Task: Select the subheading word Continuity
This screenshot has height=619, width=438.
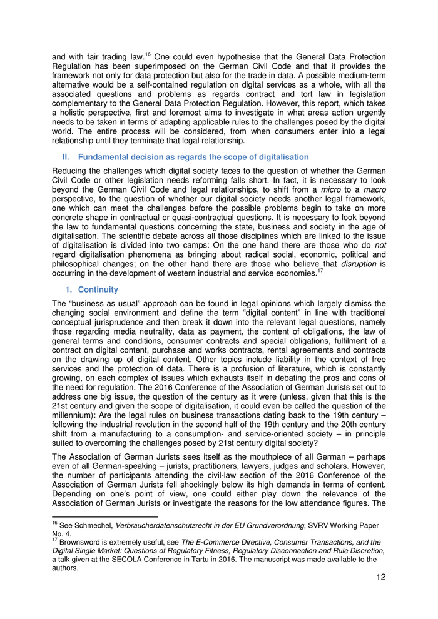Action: [x=98, y=289]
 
